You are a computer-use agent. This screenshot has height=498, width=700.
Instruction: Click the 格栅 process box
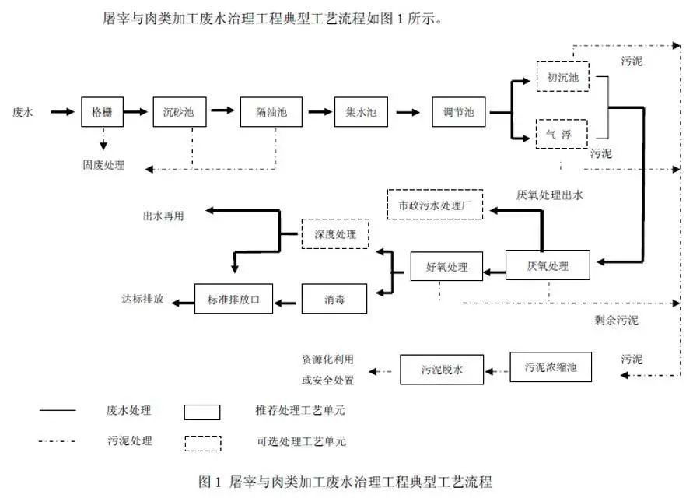tap(103, 112)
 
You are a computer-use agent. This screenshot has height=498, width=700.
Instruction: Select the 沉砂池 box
tap(180, 112)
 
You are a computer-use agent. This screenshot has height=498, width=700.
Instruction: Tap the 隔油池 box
tap(270, 112)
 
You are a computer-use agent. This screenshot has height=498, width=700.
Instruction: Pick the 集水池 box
tap(360, 112)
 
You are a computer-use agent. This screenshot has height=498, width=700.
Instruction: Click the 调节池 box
tap(458, 112)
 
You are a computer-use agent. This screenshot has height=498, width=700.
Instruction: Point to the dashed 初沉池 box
tap(562, 77)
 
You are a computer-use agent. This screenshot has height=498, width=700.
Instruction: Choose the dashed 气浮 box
tap(562, 133)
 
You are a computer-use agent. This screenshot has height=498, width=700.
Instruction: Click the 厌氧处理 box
tap(548, 265)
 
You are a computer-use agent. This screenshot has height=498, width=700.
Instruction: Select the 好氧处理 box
tap(446, 267)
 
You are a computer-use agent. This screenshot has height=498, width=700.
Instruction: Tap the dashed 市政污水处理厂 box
tap(435, 205)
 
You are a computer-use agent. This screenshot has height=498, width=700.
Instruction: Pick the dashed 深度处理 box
tap(335, 233)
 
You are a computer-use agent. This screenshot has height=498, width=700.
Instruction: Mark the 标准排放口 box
tap(233, 298)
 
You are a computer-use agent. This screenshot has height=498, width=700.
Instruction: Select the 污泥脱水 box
tap(442, 370)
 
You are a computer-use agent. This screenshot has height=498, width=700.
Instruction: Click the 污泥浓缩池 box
tap(551, 366)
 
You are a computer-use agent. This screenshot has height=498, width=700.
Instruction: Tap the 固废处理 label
tap(103, 165)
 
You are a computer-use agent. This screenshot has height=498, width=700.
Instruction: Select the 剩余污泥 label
tap(615, 320)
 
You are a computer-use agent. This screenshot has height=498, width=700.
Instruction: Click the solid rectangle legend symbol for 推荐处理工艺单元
tap(202, 412)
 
